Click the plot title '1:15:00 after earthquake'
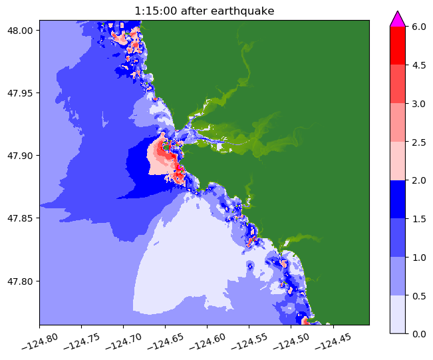204,11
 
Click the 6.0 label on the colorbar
420,27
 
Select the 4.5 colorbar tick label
420,65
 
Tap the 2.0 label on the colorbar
420,180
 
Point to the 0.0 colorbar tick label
420,333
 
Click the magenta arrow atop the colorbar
398,19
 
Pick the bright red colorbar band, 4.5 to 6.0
398,45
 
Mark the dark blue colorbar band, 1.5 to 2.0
398,199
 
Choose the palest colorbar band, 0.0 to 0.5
398,313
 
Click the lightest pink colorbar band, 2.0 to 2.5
398,160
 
